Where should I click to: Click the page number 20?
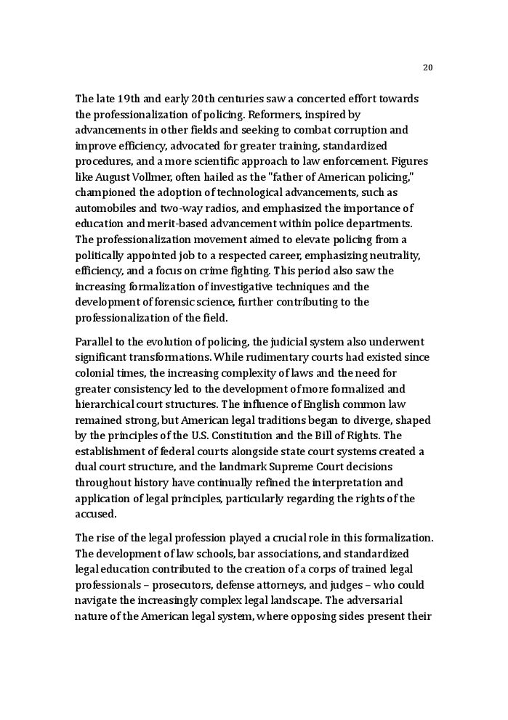[427, 67]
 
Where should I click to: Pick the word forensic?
[198, 302]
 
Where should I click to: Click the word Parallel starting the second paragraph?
[94, 342]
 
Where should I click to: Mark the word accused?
[94, 514]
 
